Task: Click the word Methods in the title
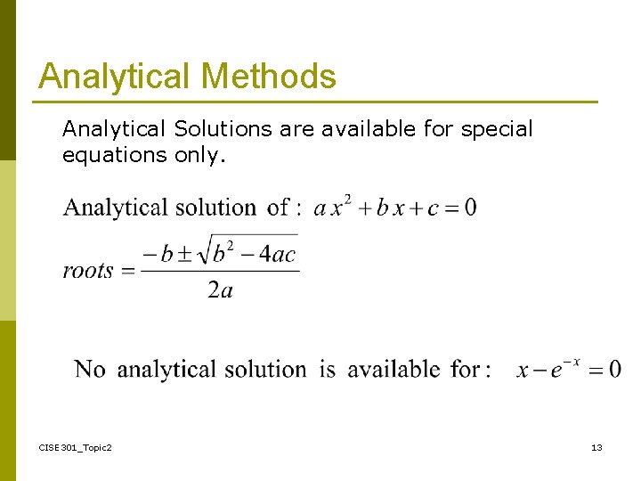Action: click(x=270, y=77)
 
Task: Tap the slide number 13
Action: click(x=596, y=447)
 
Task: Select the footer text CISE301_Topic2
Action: click(x=76, y=447)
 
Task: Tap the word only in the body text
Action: click(x=199, y=155)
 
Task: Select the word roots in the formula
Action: click(x=88, y=271)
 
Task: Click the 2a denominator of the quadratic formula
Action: click(x=220, y=291)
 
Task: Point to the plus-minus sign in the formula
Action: click(x=191, y=254)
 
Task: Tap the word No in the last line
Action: click(x=90, y=369)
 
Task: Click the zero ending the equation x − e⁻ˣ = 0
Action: click(x=614, y=370)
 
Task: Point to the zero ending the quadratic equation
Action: click(x=470, y=208)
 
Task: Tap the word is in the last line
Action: click(x=328, y=369)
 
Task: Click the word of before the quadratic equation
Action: click(x=278, y=208)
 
